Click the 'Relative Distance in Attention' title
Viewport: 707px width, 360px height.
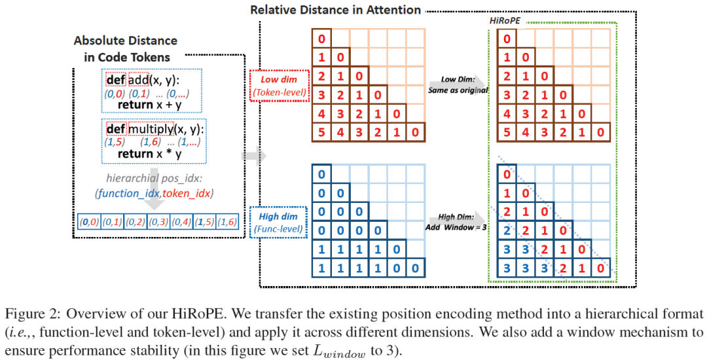[x=336, y=10]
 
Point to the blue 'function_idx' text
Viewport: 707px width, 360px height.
[x=128, y=193]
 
